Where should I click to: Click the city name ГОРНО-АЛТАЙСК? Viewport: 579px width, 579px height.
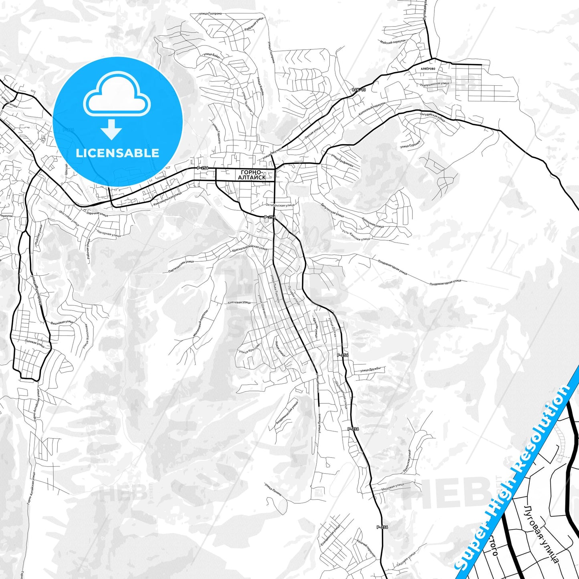click(x=252, y=175)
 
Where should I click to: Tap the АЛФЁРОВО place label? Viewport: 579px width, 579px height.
click(x=428, y=69)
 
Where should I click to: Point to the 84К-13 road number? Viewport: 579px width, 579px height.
click(x=359, y=90)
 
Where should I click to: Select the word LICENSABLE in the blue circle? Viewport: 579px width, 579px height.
click(x=117, y=153)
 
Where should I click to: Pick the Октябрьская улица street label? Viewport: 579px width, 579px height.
click(x=280, y=205)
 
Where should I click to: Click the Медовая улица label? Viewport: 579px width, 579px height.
click(x=392, y=486)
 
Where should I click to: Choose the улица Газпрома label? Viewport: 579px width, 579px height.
click(x=210, y=14)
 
